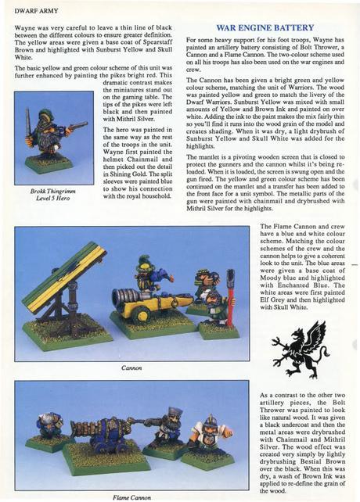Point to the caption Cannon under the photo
tap(131, 366)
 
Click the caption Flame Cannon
tap(131, 496)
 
